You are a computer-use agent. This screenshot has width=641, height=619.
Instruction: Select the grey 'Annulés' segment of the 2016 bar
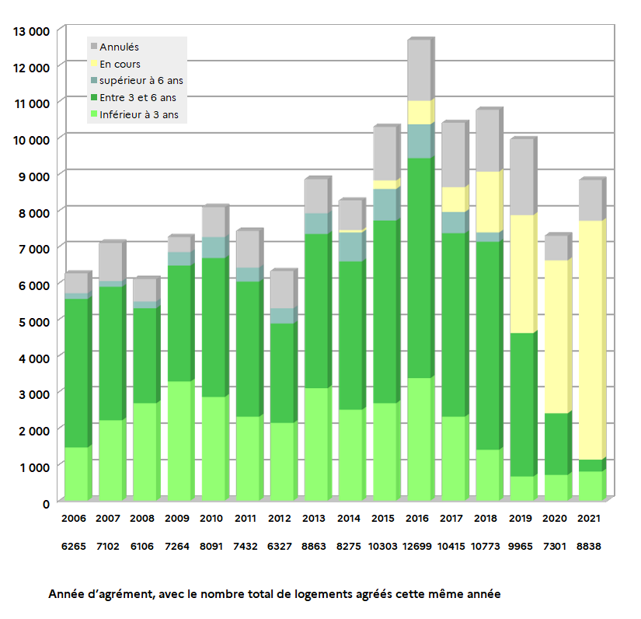point(419,70)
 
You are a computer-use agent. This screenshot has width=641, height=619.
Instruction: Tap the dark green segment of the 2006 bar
point(76,373)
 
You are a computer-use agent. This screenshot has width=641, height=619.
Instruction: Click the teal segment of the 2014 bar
point(350,247)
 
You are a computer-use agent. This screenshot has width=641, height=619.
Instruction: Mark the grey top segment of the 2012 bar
point(282,290)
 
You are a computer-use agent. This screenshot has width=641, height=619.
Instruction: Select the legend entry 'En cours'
point(120,65)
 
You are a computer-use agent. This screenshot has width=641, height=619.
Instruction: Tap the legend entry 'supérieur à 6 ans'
point(141,81)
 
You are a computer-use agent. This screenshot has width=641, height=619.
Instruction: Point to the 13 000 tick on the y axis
point(32,30)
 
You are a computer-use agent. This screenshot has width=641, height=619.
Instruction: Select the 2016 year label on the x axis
point(417,518)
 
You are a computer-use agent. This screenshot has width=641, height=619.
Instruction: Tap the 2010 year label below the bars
point(211,518)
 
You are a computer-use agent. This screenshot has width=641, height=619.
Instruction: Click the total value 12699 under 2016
point(417,547)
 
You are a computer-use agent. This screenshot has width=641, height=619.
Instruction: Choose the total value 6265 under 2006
point(75,547)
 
